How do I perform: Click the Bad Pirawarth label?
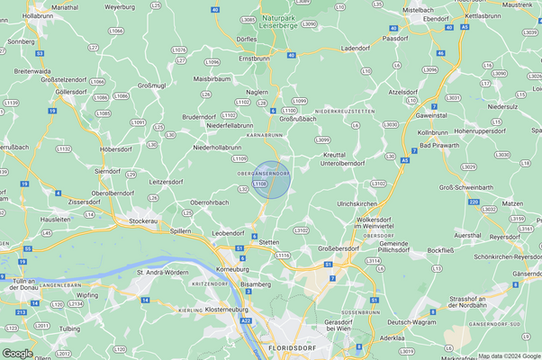coord(438,144)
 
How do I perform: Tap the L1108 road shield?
coord(260,184)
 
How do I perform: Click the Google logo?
coord(17,353)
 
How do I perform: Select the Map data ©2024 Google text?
coord(509,355)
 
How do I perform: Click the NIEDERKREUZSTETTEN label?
coord(344,111)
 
